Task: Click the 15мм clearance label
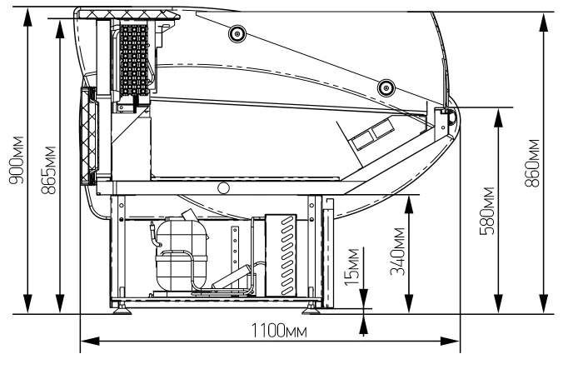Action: [x=353, y=265]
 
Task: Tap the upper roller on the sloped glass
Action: [x=237, y=33]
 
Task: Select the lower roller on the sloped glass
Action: [x=385, y=86]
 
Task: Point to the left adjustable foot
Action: [x=126, y=308]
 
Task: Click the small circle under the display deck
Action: [x=222, y=187]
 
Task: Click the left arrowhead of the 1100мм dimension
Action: [x=85, y=340]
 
